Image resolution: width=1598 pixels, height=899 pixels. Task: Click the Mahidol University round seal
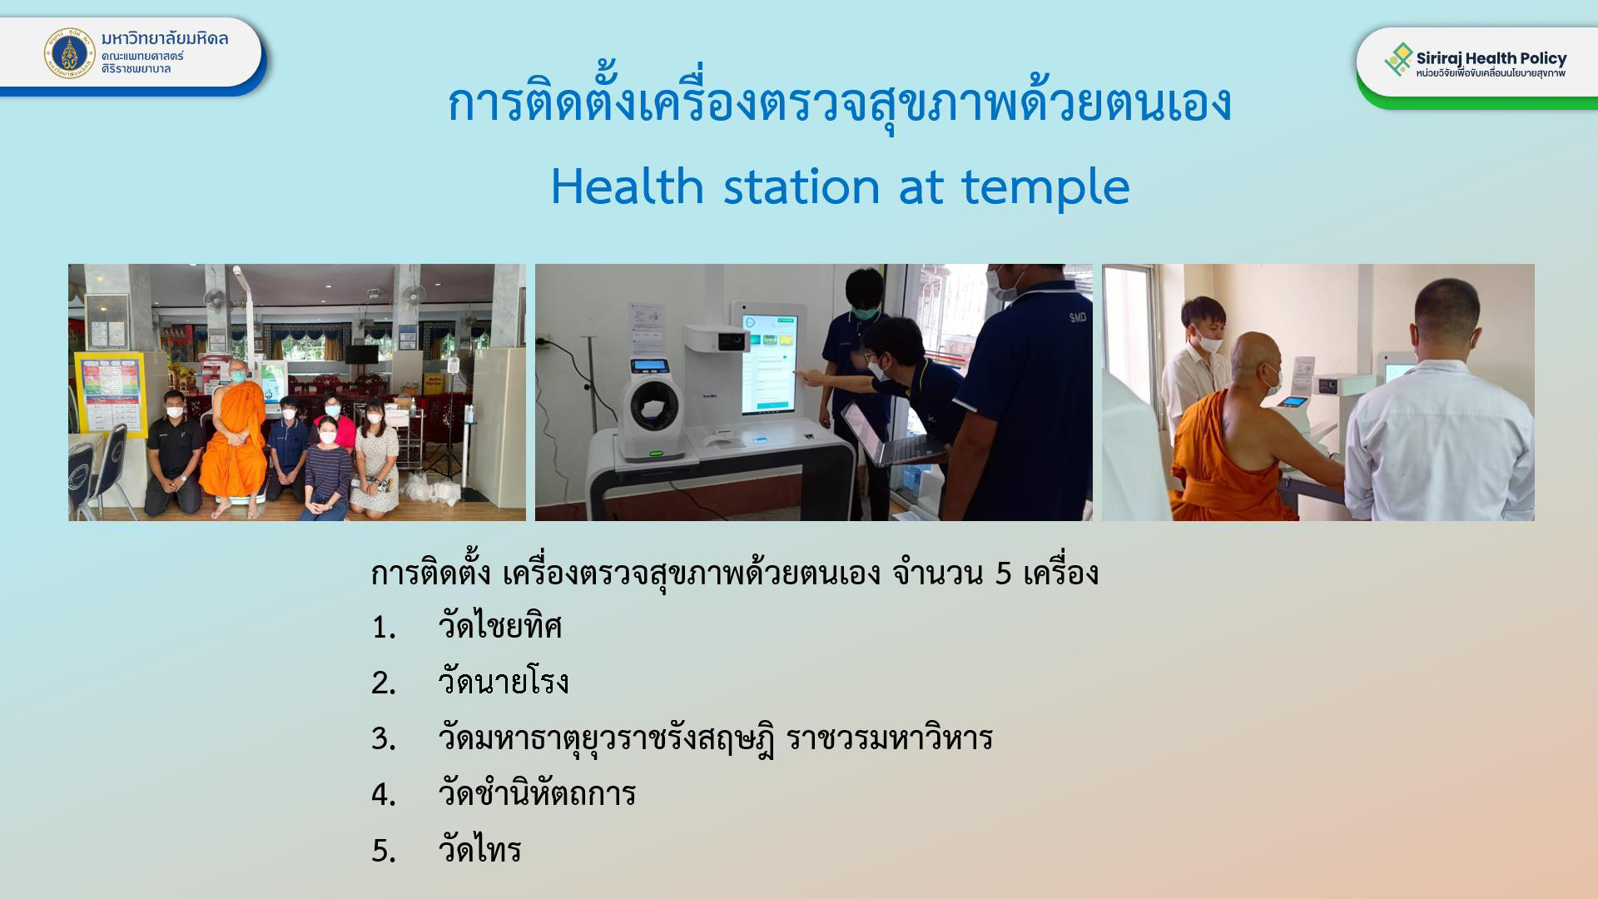70,52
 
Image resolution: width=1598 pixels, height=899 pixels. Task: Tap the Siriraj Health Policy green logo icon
1398,60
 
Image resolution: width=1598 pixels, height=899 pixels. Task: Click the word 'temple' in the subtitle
1045,186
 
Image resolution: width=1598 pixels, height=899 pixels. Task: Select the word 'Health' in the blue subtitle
628,186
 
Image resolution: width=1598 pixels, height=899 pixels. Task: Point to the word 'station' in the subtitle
801,186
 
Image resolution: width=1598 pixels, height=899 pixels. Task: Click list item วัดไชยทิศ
500,626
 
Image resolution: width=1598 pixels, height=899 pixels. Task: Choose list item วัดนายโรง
504,682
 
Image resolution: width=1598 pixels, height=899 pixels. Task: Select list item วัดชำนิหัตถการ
537,793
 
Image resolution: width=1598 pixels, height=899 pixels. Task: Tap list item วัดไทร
479,849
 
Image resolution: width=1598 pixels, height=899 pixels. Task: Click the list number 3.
383,738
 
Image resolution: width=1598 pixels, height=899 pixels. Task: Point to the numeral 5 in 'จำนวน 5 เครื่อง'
1004,573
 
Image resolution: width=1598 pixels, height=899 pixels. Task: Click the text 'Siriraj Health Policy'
1491,57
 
